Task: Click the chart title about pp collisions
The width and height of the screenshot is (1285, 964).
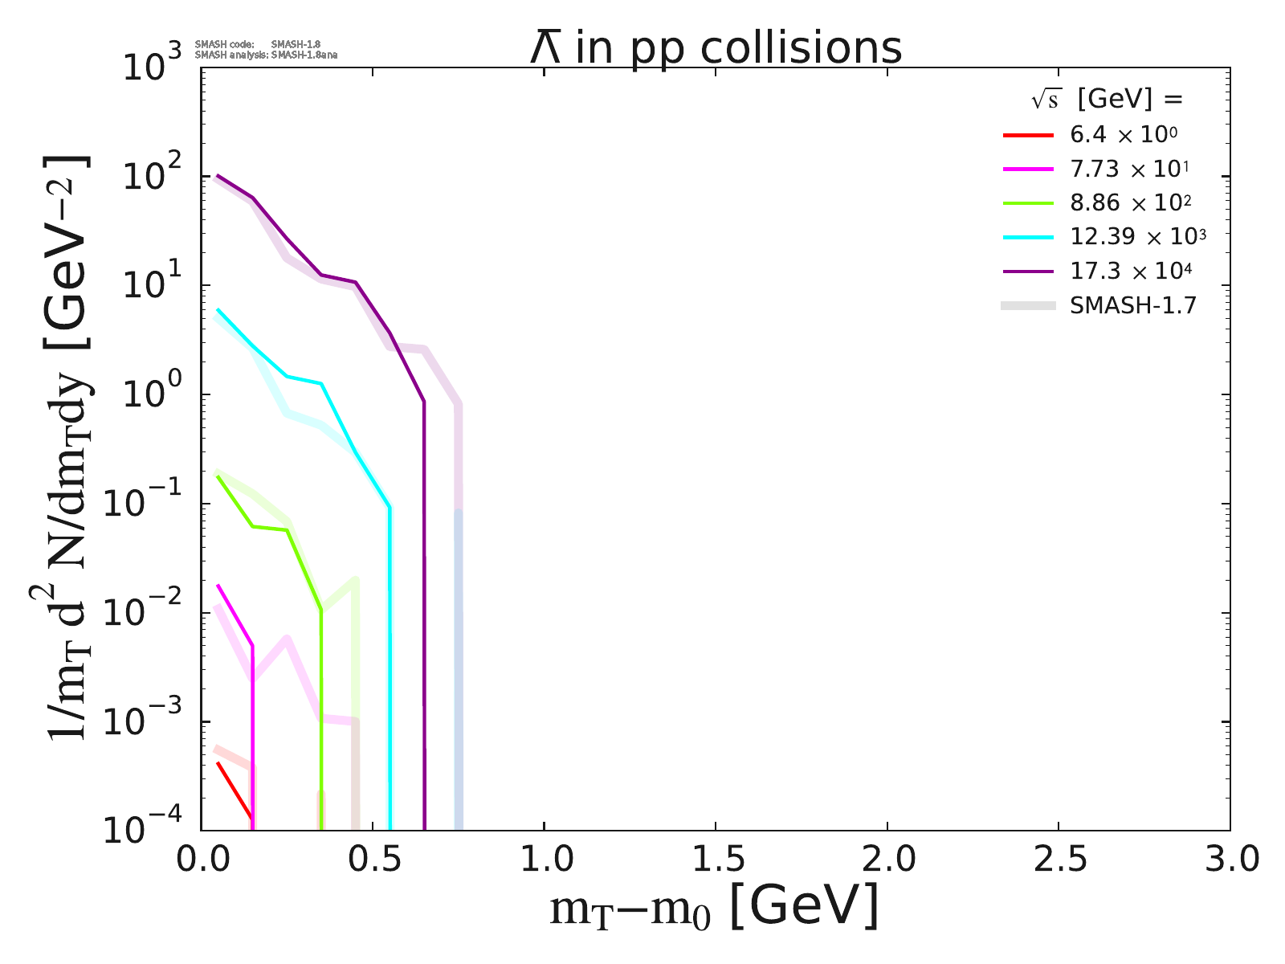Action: [716, 48]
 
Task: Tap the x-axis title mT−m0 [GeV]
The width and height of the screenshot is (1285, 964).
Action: [714, 909]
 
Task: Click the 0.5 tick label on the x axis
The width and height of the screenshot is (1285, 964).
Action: [372, 860]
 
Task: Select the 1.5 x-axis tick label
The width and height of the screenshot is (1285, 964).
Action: [716, 860]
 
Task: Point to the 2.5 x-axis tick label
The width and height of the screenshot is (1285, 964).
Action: [1059, 860]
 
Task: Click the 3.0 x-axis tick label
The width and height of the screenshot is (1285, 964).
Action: [1230, 860]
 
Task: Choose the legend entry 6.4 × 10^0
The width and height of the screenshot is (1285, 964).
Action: [1124, 135]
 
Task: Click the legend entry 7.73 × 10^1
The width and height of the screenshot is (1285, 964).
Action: [1129, 170]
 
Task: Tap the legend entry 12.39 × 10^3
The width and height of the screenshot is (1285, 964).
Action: [1137, 237]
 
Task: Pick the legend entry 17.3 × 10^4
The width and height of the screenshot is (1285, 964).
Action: [1130, 271]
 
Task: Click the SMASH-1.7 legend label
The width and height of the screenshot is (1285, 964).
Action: [1133, 305]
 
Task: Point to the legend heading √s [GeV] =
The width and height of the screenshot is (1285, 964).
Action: [1108, 100]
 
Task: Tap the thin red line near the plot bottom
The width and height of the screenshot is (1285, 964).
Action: [235, 790]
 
